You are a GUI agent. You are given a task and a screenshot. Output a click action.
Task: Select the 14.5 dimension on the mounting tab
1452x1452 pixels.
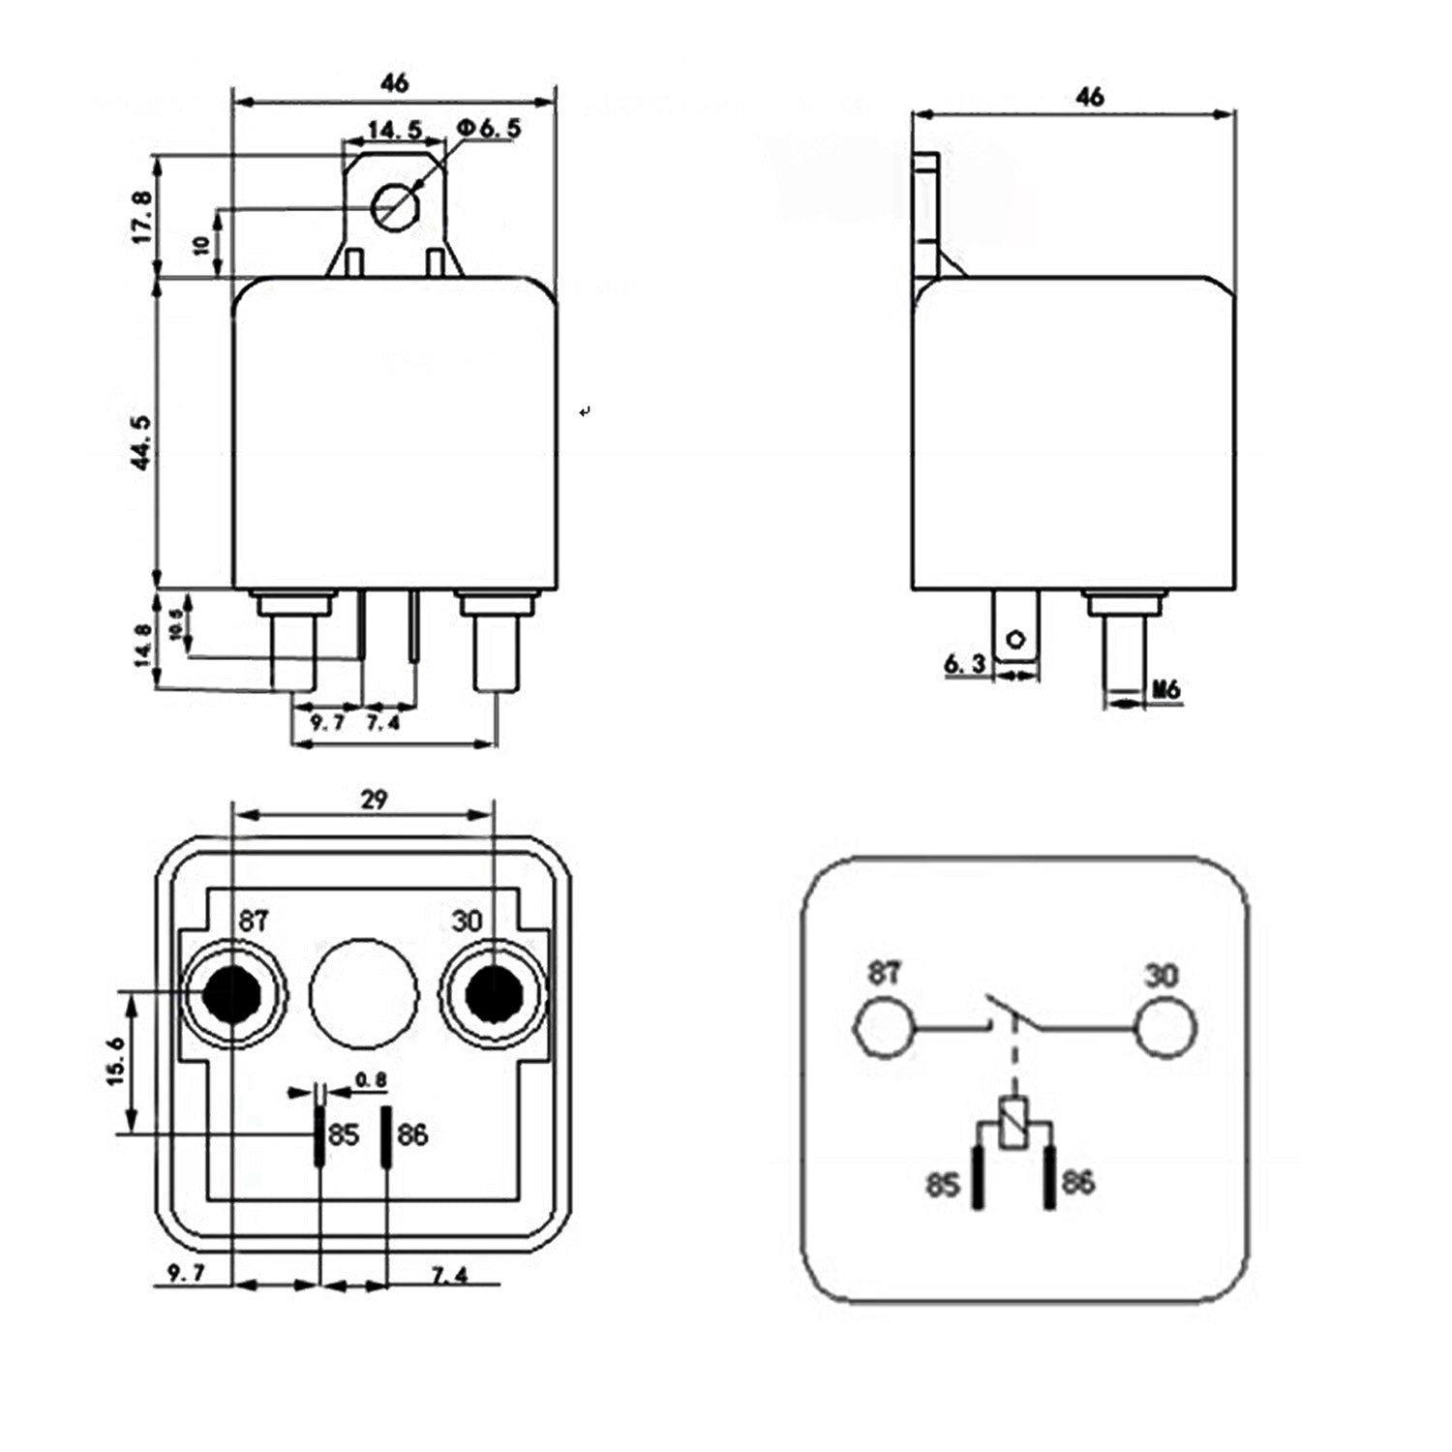[393, 130]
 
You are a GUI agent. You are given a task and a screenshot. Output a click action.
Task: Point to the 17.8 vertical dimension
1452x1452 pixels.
[141, 217]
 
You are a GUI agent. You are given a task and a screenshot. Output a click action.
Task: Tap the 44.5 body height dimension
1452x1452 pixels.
[141, 442]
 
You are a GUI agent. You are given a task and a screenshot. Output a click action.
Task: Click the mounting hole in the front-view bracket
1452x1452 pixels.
[395, 207]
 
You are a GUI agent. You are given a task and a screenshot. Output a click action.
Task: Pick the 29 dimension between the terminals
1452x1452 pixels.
[374, 800]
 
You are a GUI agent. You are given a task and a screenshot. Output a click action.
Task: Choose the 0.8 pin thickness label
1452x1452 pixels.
[371, 1079]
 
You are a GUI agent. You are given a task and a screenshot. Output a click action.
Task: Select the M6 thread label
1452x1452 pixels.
[1166, 689]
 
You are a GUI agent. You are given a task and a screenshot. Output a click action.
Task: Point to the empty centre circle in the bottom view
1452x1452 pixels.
[363, 992]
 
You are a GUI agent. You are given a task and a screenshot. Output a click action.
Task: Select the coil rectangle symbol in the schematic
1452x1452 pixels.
[1013, 1123]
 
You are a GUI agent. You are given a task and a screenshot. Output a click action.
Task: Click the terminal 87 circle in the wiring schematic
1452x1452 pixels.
[884, 1028]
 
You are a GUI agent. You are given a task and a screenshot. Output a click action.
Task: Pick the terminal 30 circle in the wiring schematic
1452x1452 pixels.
[1165, 1028]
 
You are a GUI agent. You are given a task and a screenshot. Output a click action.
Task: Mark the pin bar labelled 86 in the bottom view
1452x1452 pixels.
[386, 1137]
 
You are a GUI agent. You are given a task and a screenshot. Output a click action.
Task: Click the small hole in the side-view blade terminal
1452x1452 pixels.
[1015, 639]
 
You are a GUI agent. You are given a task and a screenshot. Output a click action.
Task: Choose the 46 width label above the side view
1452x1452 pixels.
[1090, 97]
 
